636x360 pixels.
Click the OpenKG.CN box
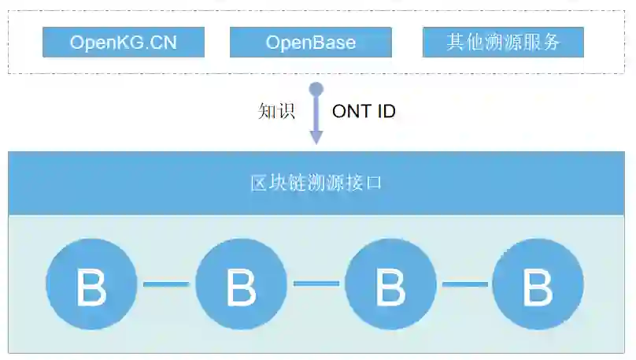(124, 43)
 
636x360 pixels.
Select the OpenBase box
(310, 43)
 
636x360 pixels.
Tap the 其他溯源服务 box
(503, 43)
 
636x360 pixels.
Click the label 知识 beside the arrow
(276, 111)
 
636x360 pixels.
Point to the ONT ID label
(364, 111)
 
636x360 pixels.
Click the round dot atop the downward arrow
(316, 89)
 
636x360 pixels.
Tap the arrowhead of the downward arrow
(316, 137)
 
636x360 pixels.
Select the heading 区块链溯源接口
(316, 184)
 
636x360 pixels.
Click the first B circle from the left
(91, 284)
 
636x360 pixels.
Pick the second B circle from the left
(241, 284)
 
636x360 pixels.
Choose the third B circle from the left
(390, 284)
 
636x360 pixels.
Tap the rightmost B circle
(538, 284)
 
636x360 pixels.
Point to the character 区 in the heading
(258, 184)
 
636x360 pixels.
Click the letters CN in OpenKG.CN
(166, 43)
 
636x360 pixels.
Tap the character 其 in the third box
(456, 43)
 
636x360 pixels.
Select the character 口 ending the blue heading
(375, 184)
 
